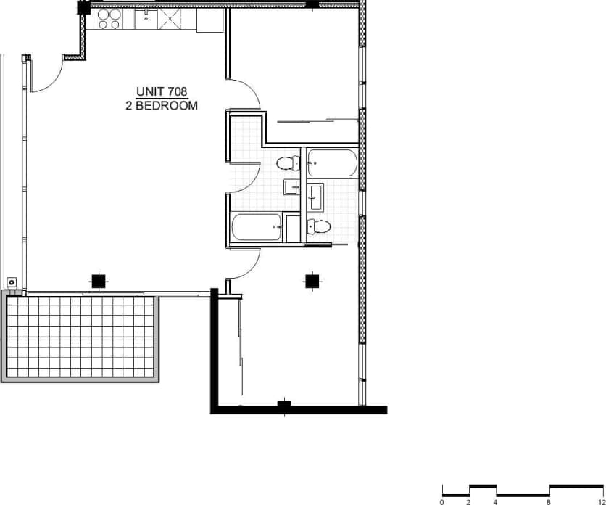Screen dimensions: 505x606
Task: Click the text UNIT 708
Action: click(x=162, y=92)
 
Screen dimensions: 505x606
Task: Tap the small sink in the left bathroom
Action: click(x=292, y=187)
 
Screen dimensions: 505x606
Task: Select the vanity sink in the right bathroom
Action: click(x=316, y=194)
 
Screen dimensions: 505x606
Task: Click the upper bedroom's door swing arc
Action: click(x=244, y=94)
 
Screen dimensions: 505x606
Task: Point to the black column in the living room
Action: click(x=97, y=280)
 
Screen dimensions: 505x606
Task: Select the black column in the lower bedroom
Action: click(x=312, y=280)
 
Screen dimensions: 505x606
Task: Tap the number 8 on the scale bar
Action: click(x=549, y=501)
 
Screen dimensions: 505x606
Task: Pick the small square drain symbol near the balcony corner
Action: click(x=12, y=282)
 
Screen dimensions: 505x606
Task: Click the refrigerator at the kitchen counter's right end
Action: click(x=209, y=21)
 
